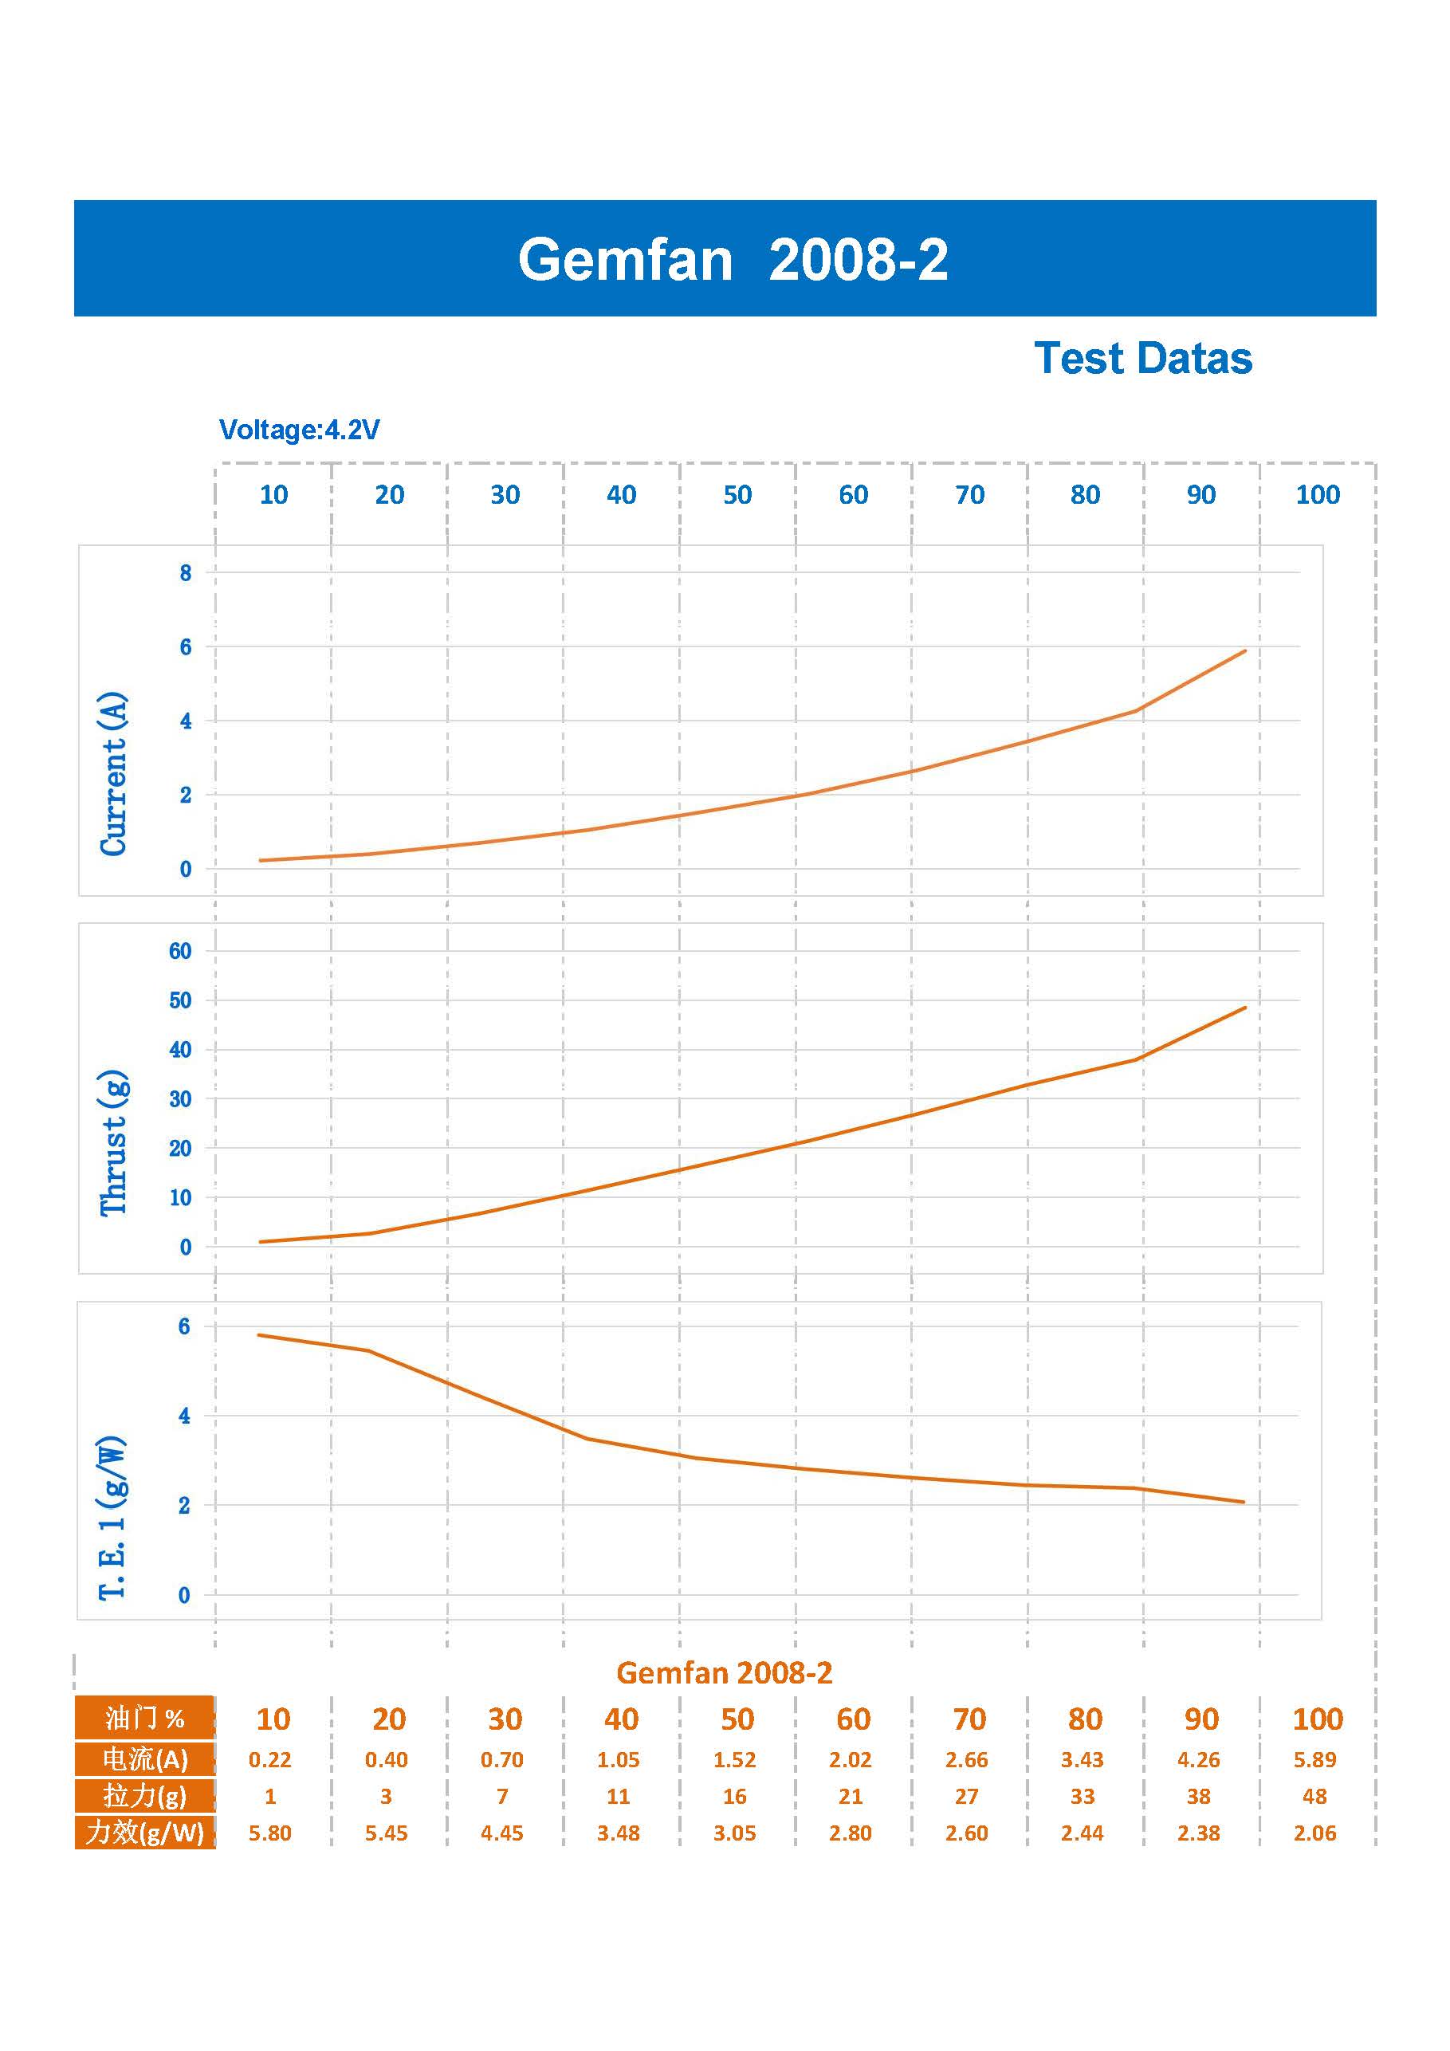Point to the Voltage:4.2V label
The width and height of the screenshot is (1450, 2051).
coord(299,430)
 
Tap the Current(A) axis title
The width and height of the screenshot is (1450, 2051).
coord(113,773)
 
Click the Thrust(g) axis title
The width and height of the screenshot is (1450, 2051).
coord(113,1142)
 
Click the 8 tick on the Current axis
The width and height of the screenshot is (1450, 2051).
coord(185,573)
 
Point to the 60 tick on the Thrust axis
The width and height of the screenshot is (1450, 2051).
coord(179,951)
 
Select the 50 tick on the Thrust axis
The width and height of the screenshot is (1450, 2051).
coord(179,1000)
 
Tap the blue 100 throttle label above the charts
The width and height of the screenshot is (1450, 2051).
coord(1317,495)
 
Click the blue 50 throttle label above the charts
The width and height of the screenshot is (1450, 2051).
coord(737,495)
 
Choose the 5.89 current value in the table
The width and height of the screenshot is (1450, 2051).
coord(1314,1760)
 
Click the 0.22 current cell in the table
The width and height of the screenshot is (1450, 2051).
coord(269,1760)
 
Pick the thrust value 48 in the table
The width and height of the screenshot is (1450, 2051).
coord(1314,1797)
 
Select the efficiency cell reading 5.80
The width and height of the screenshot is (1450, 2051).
coord(269,1833)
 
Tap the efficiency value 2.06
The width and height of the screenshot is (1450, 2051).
coord(1314,1833)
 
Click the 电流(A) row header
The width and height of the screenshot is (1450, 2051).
coord(145,1760)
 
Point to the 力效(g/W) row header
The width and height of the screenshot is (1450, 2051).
coord(145,1833)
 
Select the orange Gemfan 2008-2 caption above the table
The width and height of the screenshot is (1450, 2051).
coord(724,1672)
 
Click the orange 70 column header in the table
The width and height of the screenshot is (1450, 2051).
coord(969,1719)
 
